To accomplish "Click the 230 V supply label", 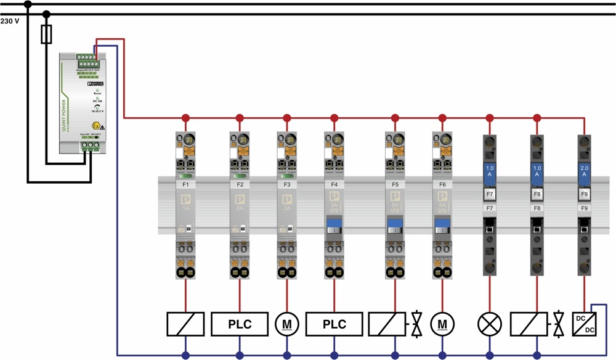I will point(9,21).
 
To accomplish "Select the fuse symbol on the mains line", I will point(46,35).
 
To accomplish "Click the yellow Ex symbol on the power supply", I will point(96,125).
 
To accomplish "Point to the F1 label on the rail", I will point(186,184).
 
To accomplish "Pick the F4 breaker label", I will point(334,184).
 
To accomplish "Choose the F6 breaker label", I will point(442,184).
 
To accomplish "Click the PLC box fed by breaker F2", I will point(240,324).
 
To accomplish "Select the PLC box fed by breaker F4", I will point(334,324).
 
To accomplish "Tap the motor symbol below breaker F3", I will point(286,324).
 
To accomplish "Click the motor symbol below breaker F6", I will point(442,324).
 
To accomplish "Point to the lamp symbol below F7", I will point(490,324).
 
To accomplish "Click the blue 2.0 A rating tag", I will point(584,171).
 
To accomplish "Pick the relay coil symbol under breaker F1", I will point(185,324).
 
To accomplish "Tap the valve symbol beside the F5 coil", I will point(417,324).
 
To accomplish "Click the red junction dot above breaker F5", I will point(394,117).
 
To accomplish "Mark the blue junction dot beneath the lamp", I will point(490,355).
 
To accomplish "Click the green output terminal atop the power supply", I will point(87,62).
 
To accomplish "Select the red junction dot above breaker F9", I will point(584,117).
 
